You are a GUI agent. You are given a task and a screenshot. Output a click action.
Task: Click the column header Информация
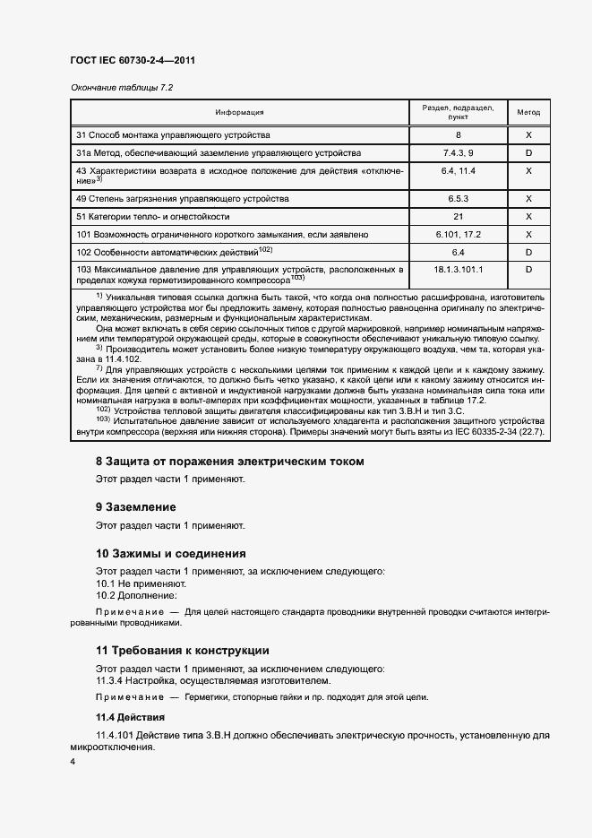239,113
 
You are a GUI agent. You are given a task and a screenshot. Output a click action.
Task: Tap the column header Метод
528,113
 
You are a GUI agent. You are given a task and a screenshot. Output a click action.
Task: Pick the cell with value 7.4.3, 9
458,153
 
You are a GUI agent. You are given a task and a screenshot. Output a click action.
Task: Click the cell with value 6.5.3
458,198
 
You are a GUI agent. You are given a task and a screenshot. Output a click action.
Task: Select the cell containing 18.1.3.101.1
458,269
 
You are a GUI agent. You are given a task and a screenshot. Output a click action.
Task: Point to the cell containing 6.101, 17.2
458,234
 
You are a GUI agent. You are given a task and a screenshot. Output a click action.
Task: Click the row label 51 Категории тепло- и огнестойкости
153,216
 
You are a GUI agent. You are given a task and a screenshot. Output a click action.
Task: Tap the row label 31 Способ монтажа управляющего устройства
173,135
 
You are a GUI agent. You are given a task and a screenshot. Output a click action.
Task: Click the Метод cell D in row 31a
528,153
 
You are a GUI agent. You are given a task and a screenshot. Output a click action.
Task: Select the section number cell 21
458,216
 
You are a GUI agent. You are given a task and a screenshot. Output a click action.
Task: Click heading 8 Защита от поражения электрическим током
230,462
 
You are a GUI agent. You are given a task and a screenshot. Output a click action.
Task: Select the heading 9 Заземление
136,507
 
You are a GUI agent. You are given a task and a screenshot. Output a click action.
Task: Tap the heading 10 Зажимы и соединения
170,553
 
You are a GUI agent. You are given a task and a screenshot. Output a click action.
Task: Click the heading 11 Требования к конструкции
183,651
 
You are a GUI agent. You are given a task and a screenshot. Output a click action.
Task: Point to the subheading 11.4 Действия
127,717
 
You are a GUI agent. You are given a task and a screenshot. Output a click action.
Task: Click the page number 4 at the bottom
73,761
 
